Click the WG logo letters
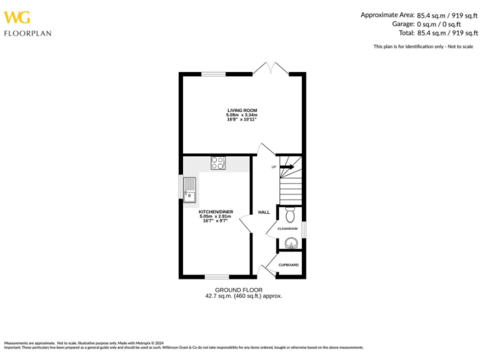coord(16,17)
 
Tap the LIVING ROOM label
coord(242,110)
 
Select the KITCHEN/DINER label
coord(216,212)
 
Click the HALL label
coord(264,212)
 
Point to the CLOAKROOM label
coord(287,229)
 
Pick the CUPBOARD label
coord(289,265)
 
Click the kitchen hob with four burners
coord(218,163)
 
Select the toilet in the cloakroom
coord(289,216)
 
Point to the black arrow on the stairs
coord(287,167)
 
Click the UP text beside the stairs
coord(274,167)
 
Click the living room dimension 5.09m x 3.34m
coord(242,115)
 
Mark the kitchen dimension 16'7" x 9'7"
coord(216,221)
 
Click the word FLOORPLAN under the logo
coord(27,33)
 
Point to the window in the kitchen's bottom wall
coord(217,276)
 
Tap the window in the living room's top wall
coord(213,74)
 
